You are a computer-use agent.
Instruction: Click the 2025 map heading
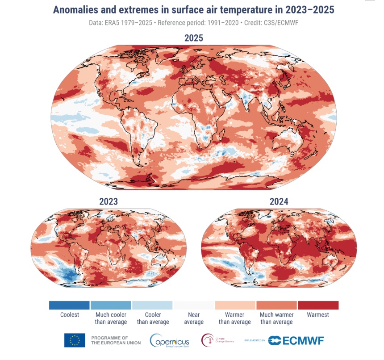(194, 38)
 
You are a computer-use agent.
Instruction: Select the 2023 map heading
(109, 201)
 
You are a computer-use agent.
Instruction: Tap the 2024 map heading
(279, 201)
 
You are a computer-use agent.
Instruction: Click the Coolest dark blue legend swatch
(69, 305)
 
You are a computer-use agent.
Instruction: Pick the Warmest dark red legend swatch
(318, 305)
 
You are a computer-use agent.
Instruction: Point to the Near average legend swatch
(194, 305)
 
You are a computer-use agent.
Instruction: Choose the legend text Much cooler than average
(111, 318)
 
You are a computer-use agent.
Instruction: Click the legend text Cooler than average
(153, 318)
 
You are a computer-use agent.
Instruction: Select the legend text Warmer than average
(235, 318)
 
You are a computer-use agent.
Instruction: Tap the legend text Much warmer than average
(276, 318)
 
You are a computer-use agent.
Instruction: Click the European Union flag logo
(75, 340)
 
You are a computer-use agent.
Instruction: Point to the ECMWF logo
(297, 340)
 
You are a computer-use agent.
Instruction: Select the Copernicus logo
(170, 340)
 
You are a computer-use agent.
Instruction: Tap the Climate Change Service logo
(218, 340)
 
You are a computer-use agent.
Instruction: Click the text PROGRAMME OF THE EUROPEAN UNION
(116, 340)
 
